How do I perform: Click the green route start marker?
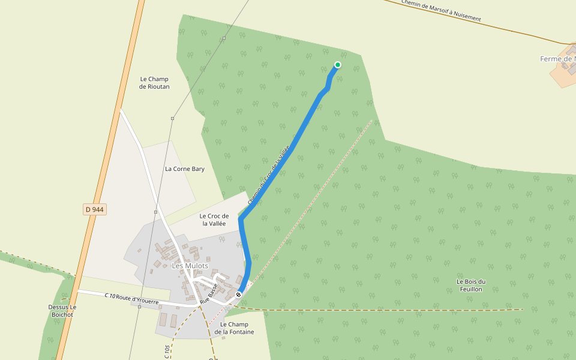[x=338, y=65]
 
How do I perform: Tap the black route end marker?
[x=239, y=295]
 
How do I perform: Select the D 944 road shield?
[x=95, y=209]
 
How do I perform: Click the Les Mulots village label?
[x=190, y=266]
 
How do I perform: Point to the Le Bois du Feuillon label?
[x=470, y=285]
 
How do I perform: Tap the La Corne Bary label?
[x=185, y=169]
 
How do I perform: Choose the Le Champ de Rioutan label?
[x=154, y=83]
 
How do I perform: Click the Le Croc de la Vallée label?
[x=214, y=220]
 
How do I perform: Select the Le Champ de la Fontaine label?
[x=234, y=328]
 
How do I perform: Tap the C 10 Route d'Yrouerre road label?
[x=131, y=298]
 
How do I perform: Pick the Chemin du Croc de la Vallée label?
[x=269, y=174]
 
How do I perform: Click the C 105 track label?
[x=167, y=351]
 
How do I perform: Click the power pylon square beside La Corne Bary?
[x=172, y=119]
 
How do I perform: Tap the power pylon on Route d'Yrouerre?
[x=139, y=307]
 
